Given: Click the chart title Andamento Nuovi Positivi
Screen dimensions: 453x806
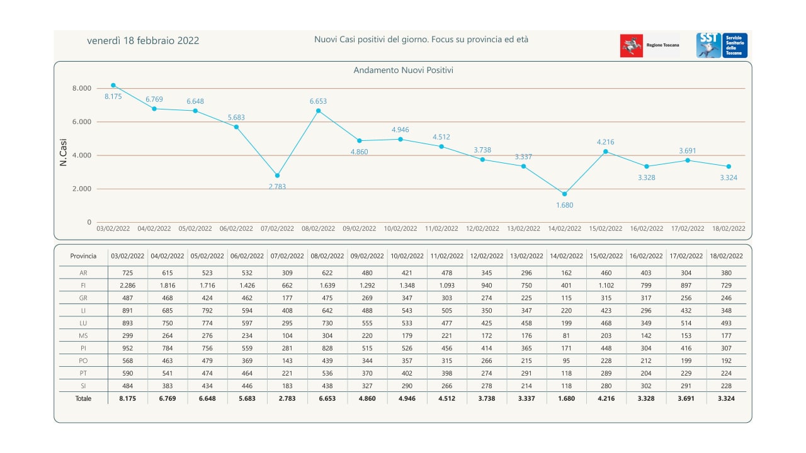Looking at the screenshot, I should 403,70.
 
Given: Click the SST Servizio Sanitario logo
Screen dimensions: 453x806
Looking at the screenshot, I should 722,46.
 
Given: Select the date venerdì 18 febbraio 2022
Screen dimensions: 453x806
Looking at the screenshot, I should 143,41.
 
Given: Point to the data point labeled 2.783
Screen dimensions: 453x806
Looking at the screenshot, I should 277,176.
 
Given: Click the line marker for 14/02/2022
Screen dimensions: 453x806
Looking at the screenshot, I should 564,194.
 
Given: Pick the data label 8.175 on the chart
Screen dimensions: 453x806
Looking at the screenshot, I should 113,96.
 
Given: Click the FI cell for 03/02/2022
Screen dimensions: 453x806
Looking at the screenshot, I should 128,286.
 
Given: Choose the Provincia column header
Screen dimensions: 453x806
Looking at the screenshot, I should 83,256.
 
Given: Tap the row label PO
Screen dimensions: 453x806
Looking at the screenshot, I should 83,361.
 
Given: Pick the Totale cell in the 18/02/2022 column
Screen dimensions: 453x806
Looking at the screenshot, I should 726,398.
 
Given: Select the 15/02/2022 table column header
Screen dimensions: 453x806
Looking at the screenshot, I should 606,256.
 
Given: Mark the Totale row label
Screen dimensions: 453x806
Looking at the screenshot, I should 83,398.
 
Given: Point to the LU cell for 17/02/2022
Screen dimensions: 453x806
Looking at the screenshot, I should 686,323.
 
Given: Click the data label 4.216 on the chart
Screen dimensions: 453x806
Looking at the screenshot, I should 605,142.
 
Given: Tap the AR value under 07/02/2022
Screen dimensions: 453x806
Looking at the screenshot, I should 287,273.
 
